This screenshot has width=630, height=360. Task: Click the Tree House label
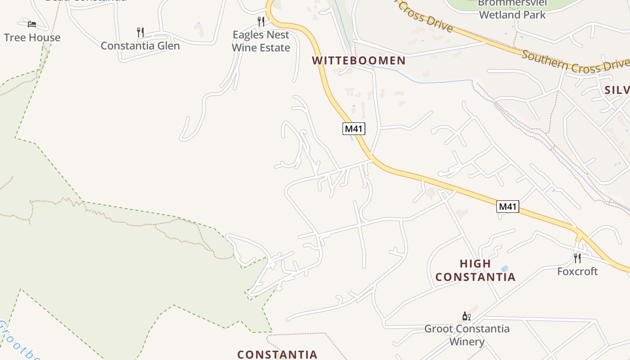coord(32,37)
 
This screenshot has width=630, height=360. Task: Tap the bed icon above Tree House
coord(31,24)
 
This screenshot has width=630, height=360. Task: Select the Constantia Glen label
coord(140,45)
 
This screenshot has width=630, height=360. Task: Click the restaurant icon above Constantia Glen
coord(140,32)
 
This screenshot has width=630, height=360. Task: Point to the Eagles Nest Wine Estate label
coord(261,41)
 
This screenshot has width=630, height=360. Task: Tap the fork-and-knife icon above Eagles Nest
coord(261,21)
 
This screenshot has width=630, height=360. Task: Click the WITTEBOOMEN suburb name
coord(359,60)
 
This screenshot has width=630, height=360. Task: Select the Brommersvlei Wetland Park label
coord(512,9)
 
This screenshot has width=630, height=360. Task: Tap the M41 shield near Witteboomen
coord(354,129)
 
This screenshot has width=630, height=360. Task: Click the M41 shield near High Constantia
coord(508,207)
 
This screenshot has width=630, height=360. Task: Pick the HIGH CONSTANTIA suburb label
coord(475,270)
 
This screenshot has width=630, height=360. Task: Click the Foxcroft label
coord(577,271)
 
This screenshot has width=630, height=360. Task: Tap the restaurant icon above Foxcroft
coord(577,258)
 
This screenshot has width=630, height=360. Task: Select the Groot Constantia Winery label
coord(467,335)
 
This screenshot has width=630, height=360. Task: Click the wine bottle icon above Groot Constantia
coord(467,316)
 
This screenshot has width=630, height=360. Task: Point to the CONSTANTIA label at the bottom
coord(277,355)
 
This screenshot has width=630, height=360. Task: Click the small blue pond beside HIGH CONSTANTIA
coord(504,268)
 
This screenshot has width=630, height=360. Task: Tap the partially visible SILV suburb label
coord(617,90)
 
